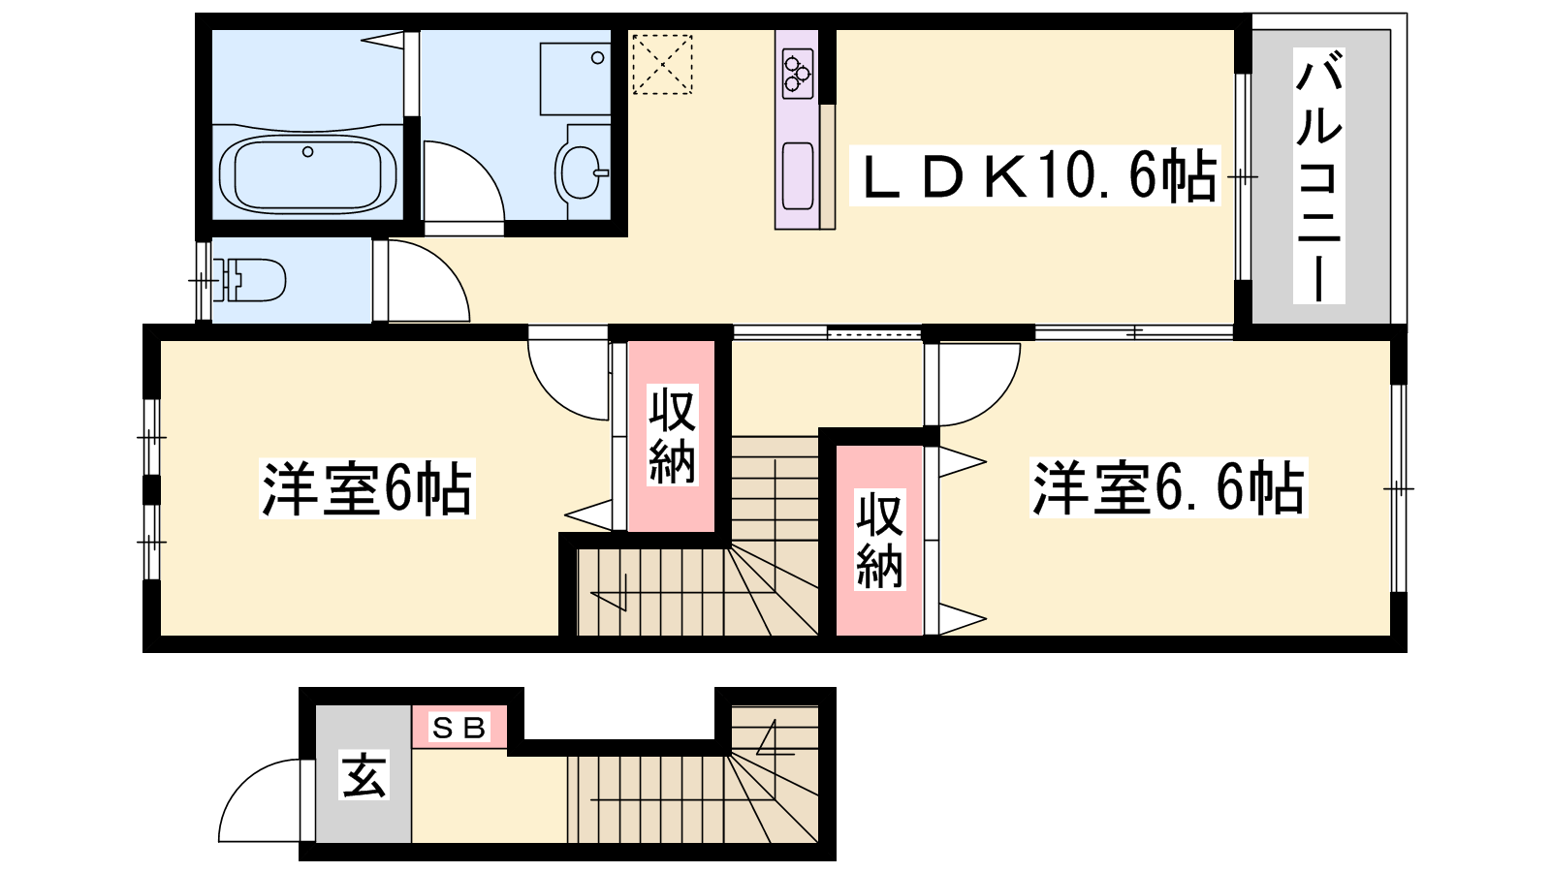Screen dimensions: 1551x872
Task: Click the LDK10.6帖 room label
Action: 1034,175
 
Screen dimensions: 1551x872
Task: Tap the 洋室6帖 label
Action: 367,488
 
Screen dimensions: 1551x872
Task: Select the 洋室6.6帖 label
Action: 1168,487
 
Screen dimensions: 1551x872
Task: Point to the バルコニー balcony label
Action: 1319,175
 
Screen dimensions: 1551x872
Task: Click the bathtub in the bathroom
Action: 307,173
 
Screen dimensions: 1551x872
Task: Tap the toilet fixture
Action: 249,280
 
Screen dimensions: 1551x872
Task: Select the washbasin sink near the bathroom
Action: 583,171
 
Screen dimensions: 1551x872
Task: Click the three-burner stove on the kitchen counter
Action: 798,73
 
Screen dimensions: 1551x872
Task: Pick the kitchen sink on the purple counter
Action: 798,175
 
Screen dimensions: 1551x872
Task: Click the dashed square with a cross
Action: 662,64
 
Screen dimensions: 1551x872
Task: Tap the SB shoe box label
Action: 459,728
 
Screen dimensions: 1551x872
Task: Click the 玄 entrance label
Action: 364,775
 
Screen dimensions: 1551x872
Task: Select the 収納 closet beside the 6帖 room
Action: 672,436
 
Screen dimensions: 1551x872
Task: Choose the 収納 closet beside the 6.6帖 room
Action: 879,540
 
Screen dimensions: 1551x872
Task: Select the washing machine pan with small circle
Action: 575,78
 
